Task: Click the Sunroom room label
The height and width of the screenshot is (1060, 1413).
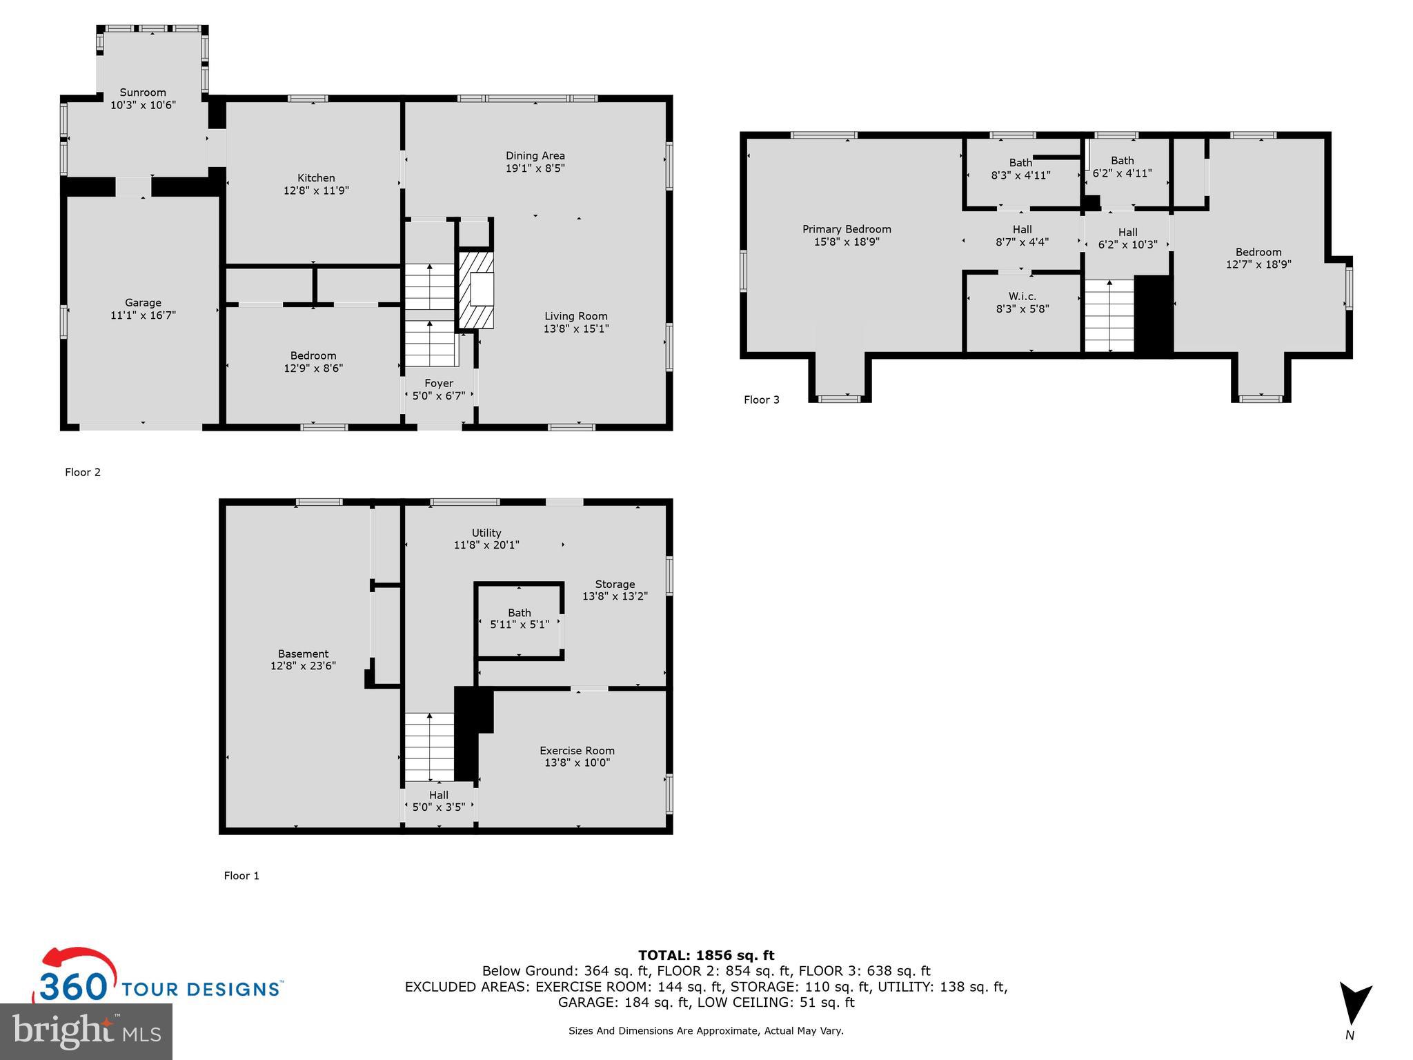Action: tap(143, 92)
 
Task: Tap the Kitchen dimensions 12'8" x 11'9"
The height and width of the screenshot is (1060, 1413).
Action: tap(316, 190)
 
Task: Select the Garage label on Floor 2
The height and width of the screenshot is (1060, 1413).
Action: tap(143, 302)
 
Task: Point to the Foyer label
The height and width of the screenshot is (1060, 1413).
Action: tap(439, 383)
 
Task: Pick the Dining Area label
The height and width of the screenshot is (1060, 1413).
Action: tap(535, 155)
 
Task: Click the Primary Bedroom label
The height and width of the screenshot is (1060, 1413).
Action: tap(847, 229)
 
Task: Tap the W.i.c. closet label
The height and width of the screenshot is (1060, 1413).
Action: tap(1022, 296)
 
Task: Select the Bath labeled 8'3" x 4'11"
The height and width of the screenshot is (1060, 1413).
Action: tap(1020, 163)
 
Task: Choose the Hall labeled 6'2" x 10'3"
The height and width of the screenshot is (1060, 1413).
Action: tap(1127, 232)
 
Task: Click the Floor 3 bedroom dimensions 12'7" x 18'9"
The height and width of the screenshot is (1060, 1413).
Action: tap(1258, 264)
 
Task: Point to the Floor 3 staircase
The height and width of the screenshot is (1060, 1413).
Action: tap(1109, 316)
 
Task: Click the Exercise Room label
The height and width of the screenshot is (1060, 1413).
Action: tap(577, 750)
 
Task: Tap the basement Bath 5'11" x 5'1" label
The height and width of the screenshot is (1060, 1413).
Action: tap(520, 613)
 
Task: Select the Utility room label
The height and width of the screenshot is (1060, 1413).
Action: tap(486, 533)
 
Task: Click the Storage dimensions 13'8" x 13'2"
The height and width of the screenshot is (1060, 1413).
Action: tap(615, 596)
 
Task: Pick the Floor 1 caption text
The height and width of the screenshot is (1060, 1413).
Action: tap(241, 876)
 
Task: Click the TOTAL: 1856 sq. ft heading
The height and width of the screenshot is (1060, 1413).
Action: tap(706, 955)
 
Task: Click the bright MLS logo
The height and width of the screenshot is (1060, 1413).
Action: tap(86, 1031)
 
